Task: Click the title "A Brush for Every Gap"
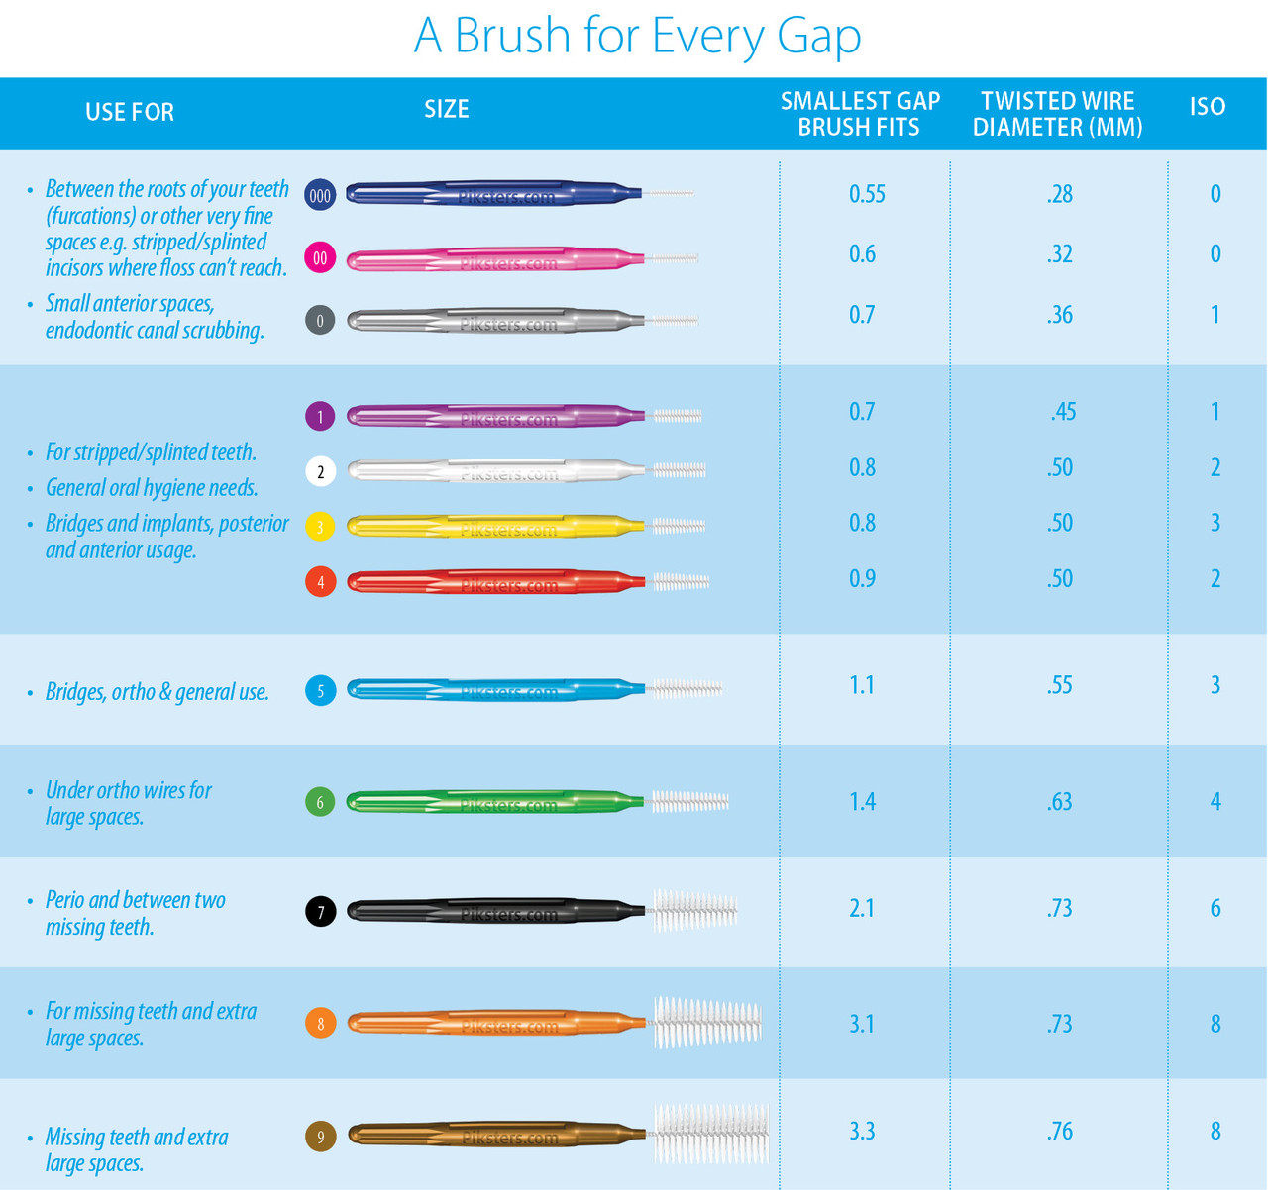point(637,36)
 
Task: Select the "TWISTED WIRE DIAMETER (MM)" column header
point(1057,114)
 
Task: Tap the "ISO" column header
point(1207,107)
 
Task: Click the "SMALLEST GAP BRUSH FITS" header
point(859,114)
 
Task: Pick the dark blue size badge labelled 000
point(320,195)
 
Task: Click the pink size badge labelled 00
point(320,258)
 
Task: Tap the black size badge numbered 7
point(320,911)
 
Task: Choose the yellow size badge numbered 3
point(320,526)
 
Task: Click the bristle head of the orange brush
point(706,1023)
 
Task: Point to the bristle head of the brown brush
point(710,1133)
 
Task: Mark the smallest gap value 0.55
point(867,194)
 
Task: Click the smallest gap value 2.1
point(862,908)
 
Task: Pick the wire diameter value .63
point(1059,801)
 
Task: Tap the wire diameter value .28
point(1059,194)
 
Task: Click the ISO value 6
point(1215,908)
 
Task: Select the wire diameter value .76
point(1059,1131)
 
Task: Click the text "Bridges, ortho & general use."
point(158,692)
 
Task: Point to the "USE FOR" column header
point(130,112)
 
